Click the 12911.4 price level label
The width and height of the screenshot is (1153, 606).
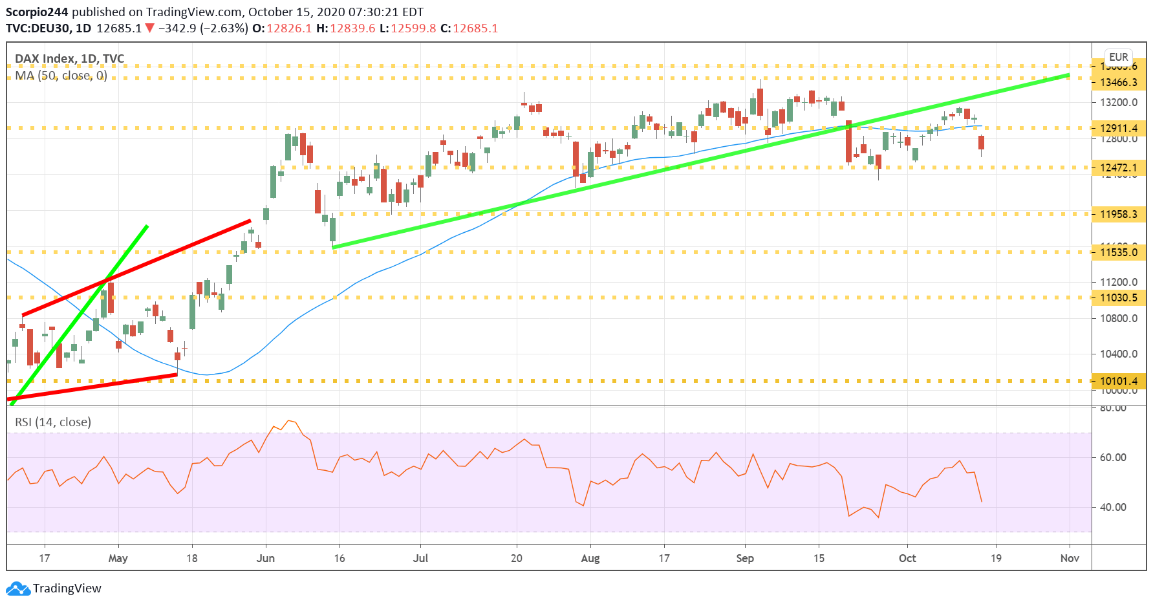point(1118,128)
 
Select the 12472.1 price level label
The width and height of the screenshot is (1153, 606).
point(1118,168)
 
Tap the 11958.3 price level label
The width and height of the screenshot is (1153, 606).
point(1118,214)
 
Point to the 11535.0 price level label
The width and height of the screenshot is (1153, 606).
point(1118,252)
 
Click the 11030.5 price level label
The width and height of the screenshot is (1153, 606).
point(1118,298)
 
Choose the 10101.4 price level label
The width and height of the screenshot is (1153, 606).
point(1118,381)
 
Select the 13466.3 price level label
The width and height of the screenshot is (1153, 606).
point(1118,82)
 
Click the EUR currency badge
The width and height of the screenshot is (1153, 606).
point(1118,57)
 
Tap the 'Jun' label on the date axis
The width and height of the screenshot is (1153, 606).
point(266,558)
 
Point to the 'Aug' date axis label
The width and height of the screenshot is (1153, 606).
point(590,558)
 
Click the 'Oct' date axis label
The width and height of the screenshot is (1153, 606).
point(907,558)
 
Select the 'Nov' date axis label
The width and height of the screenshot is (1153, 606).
point(1070,558)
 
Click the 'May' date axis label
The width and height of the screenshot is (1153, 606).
point(118,558)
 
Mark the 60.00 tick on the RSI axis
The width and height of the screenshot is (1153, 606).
point(1113,457)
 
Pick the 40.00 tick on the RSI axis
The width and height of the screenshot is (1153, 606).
point(1113,507)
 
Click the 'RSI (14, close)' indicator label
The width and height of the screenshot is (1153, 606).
point(53,422)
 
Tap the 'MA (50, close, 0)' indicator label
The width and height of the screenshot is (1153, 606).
point(61,76)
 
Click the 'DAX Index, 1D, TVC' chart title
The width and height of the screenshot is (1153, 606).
point(70,59)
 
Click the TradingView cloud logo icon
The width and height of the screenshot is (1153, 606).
point(18,589)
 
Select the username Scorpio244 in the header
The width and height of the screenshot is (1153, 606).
point(36,12)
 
